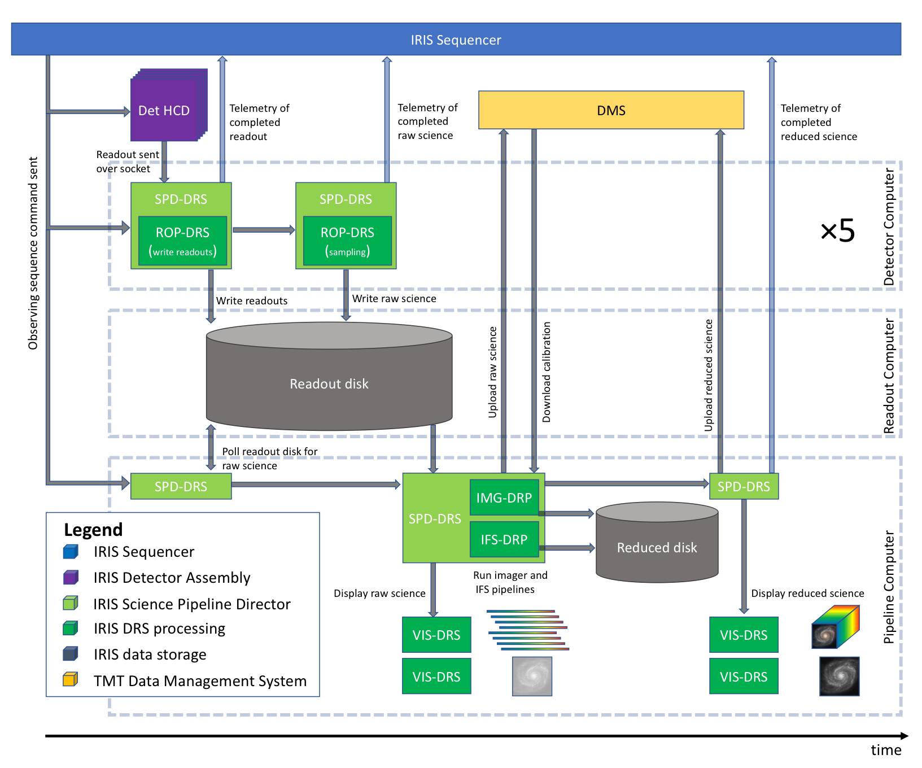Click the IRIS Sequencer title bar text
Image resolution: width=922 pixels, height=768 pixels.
(x=456, y=40)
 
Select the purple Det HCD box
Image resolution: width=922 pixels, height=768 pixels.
(x=165, y=110)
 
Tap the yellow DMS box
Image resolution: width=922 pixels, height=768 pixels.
(x=611, y=110)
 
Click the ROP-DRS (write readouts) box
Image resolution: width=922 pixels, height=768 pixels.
(x=182, y=241)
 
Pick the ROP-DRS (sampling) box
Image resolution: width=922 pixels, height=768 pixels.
(x=347, y=241)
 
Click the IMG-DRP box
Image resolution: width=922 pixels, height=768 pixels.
(x=504, y=498)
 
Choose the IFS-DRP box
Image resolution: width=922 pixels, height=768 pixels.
(x=504, y=539)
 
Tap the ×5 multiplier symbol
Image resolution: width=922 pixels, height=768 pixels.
(x=837, y=230)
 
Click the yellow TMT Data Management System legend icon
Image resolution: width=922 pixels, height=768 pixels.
(x=70, y=679)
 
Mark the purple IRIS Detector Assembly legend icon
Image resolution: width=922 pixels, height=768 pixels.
(x=70, y=577)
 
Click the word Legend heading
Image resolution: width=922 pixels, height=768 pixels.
(x=93, y=530)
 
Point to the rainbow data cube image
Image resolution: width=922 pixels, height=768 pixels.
(x=836, y=626)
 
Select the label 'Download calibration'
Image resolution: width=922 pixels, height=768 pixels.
(x=546, y=372)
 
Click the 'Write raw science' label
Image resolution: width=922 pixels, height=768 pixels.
(x=394, y=299)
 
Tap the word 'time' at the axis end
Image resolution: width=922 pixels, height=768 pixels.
(x=886, y=750)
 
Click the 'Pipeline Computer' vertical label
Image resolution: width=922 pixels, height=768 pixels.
(x=889, y=587)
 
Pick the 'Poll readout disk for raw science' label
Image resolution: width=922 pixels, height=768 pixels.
(x=269, y=459)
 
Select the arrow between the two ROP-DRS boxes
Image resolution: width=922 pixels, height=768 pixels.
(x=264, y=230)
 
